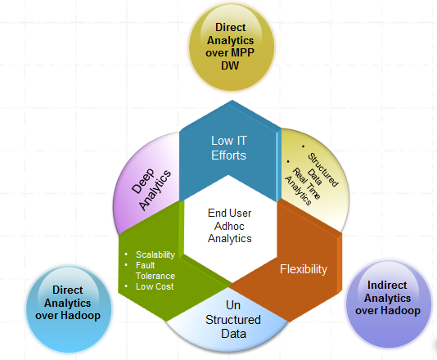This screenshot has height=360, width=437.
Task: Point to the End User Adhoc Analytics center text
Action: tap(229, 226)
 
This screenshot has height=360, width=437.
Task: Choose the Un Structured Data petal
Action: tap(229, 319)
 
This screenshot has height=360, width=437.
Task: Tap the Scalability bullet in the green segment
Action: tap(155, 254)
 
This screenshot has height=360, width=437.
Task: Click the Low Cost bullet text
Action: tap(155, 286)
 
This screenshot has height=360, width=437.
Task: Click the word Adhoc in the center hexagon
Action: tap(229, 226)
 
